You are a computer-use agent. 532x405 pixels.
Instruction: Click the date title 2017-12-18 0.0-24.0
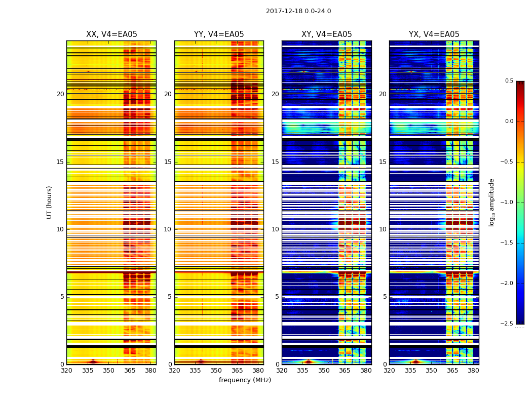(298, 11)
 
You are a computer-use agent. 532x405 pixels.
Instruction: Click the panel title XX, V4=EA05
(111, 34)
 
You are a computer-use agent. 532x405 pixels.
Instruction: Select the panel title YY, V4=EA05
(219, 34)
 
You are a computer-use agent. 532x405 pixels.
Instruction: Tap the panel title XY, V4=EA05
(327, 34)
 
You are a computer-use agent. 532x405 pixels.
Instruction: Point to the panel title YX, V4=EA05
(434, 34)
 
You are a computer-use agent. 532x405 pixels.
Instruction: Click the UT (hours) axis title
(49, 202)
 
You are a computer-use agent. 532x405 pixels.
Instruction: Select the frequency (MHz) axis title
(245, 380)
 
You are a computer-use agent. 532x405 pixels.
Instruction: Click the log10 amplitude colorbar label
(491, 202)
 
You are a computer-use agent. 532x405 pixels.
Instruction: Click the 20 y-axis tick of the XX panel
(60, 94)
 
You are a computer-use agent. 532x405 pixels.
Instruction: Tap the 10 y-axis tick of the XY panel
(275, 229)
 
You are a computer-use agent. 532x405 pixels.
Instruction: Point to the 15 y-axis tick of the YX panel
(383, 162)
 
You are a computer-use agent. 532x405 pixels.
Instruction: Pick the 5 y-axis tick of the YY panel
(170, 297)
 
